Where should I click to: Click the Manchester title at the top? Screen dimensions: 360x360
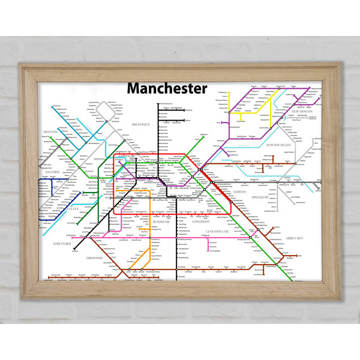pos(167,88)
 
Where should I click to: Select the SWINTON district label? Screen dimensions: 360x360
pos(50,131)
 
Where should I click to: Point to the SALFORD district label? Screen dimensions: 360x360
pos(53,172)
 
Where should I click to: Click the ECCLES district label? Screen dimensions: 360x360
pos(72,209)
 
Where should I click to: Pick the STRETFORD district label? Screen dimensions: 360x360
pos(62,244)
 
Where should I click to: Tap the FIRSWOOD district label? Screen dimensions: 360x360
pos(95,258)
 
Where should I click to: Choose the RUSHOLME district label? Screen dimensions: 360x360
pos(161,222)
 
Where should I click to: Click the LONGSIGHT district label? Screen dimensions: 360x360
pos(200,222)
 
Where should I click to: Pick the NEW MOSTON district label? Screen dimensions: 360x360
pos(302,112)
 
